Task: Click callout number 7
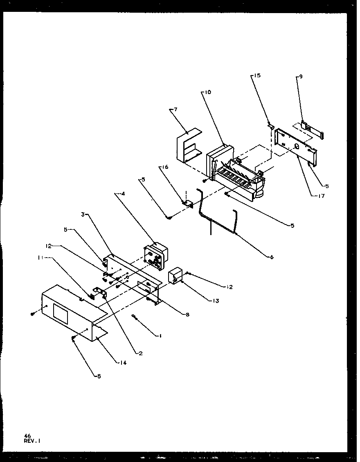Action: pyautogui.click(x=175, y=109)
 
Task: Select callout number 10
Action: pyautogui.click(x=208, y=92)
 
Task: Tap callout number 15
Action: pyautogui.click(x=257, y=76)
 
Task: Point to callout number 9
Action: pyautogui.click(x=301, y=76)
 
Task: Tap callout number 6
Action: pyautogui.click(x=272, y=257)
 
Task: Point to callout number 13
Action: pyautogui.click(x=216, y=301)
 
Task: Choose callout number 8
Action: pyautogui.click(x=187, y=314)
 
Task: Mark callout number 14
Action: pyautogui.click(x=123, y=362)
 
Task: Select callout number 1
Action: pyautogui.click(x=160, y=336)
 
